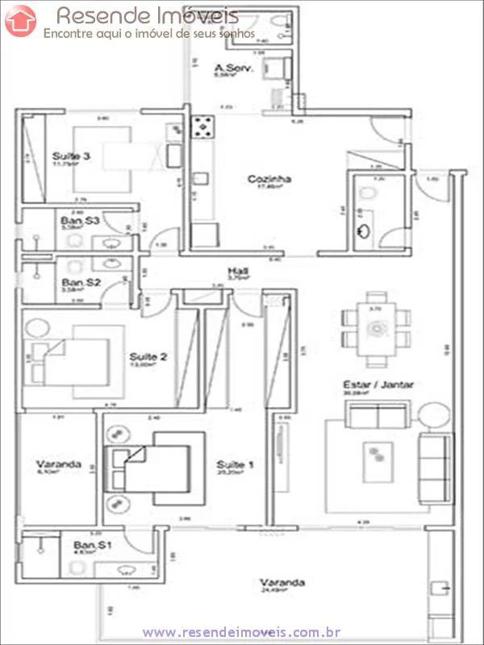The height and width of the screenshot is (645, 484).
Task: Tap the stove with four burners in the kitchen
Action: (x=203, y=127)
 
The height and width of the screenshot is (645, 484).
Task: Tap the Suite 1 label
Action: (x=236, y=465)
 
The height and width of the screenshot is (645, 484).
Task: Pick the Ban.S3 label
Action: (x=80, y=219)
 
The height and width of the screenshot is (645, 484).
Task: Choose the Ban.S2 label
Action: (x=81, y=283)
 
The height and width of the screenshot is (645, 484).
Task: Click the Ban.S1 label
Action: (x=91, y=546)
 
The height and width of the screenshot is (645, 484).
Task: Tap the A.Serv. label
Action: (x=234, y=69)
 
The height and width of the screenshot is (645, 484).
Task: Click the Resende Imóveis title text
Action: (x=147, y=15)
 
